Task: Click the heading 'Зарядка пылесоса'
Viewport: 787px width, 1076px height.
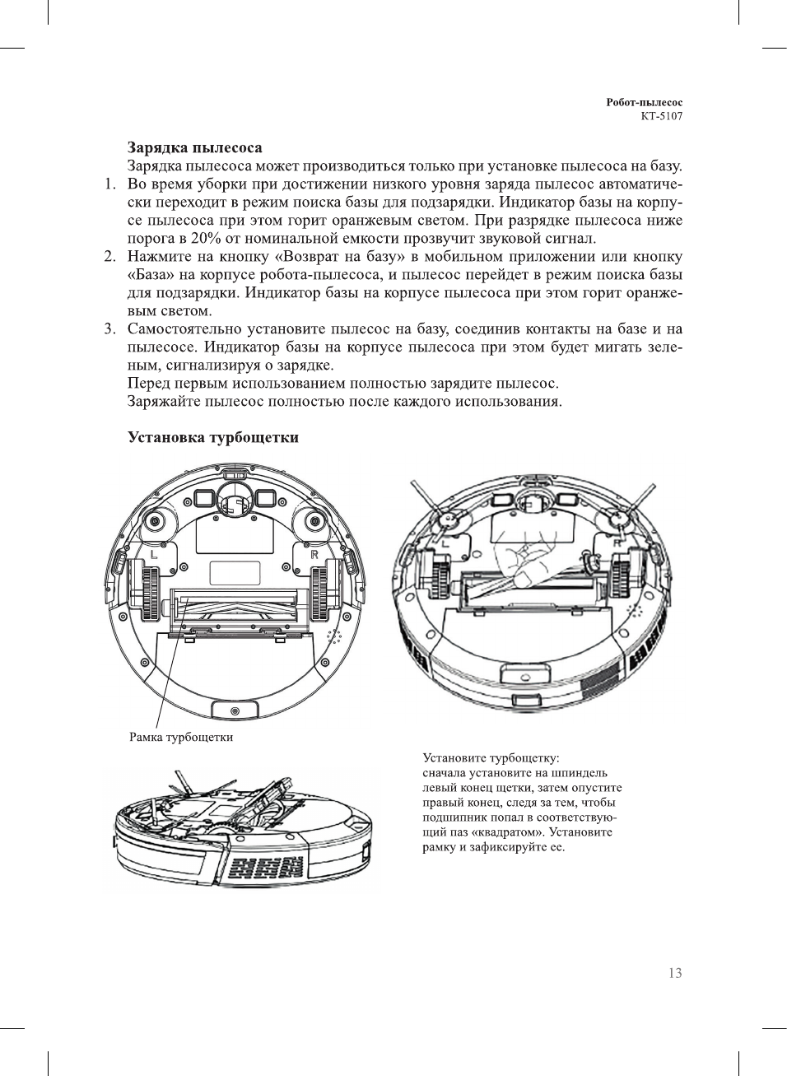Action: tap(194, 148)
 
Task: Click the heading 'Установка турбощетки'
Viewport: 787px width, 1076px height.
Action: tap(212, 437)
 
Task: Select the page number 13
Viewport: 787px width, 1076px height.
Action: tap(675, 973)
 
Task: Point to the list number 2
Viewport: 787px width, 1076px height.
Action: tap(109, 257)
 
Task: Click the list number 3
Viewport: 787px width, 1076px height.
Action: tap(109, 329)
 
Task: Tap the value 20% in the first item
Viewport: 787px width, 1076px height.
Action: tap(206, 239)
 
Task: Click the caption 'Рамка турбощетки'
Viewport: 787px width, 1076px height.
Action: tap(181, 738)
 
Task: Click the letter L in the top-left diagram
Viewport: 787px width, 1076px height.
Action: tap(154, 554)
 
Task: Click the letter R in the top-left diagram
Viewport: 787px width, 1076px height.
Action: tap(314, 554)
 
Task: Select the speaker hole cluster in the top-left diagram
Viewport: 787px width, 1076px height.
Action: tap(334, 636)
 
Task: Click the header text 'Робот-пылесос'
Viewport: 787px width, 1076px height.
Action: tap(644, 103)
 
